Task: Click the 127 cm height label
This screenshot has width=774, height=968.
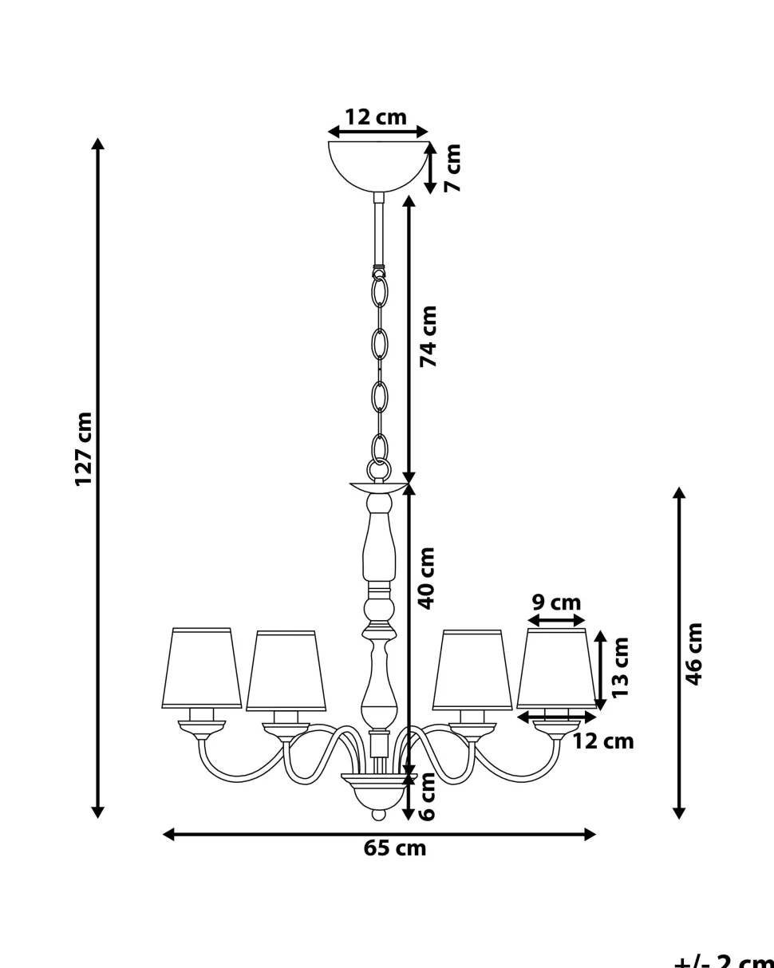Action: pyautogui.click(x=85, y=449)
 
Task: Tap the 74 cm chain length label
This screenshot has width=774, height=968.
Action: pyautogui.click(x=429, y=336)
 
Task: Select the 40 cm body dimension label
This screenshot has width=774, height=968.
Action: pyautogui.click(x=428, y=578)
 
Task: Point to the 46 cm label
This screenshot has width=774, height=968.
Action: pyautogui.click(x=694, y=654)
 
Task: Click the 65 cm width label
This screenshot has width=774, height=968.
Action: pyautogui.click(x=395, y=848)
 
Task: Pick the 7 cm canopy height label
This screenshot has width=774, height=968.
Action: pyautogui.click(x=452, y=168)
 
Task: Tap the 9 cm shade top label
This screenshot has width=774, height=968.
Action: pyautogui.click(x=556, y=603)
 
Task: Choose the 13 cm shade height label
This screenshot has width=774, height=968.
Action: pyautogui.click(x=622, y=667)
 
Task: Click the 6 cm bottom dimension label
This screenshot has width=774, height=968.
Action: pyautogui.click(x=428, y=797)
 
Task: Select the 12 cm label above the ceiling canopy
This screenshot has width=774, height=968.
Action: pyautogui.click(x=375, y=117)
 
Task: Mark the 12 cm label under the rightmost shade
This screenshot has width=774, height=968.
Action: pyautogui.click(x=603, y=741)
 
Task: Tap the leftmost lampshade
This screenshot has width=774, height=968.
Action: pyautogui.click(x=202, y=668)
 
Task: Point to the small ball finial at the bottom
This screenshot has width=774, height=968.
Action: pyautogui.click(x=379, y=815)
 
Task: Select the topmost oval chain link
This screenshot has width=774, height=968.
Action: pyautogui.click(x=380, y=292)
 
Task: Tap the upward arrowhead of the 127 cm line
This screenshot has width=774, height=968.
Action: pyautogui.click(x=97, y=144)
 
